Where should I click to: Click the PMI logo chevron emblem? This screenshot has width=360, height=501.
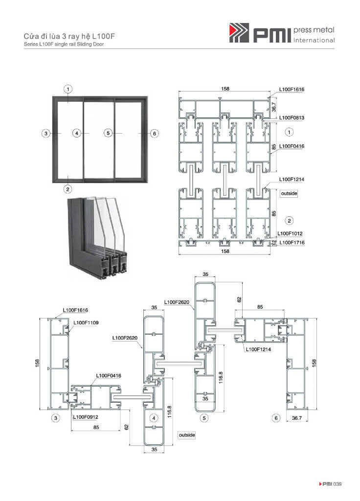point(239,33)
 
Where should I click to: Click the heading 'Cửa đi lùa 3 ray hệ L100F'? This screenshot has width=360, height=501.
point(69,36)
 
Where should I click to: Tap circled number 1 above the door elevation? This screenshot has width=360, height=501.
point(67,89)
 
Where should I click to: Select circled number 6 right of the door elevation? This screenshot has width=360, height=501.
point(154,133)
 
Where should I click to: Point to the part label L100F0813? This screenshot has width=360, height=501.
point(292,117)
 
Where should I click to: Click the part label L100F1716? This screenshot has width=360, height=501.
point(292,243)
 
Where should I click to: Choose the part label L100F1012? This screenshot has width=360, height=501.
point(290,233)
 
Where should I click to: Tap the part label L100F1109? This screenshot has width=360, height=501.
point(86,323)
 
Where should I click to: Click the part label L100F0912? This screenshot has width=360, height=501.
point(85,417)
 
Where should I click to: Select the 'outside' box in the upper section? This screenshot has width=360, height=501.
point(289,193)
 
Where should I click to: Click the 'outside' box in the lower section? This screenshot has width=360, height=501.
point(187,435)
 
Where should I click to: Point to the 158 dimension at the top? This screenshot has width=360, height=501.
point(225,89)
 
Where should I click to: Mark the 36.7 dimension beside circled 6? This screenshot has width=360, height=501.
point(297,418)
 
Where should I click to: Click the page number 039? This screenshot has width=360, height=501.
point(337,484)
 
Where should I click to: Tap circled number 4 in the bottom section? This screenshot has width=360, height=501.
point(154,418)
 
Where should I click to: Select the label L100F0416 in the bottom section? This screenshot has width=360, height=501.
point(109,376)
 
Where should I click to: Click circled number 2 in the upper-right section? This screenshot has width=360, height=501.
point(289,221)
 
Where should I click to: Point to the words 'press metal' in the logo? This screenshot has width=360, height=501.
point(314,30)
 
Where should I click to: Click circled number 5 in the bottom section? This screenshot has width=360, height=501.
point(204,418)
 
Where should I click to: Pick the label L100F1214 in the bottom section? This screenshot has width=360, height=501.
point(258,349)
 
